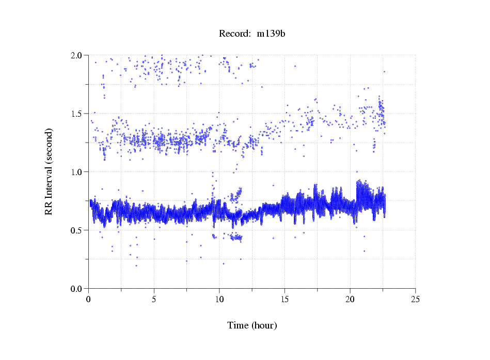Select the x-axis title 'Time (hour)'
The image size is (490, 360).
coord(252,325)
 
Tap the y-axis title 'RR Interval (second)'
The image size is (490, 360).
coord(49,172)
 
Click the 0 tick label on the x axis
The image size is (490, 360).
coord(89,299)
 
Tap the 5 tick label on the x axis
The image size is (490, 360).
coord(154,299)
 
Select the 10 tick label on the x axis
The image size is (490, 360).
coord(219,299)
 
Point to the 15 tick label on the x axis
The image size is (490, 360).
coord(284,299)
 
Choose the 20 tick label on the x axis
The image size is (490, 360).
coord(350,299)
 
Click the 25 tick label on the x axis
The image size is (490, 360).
coord(415,299)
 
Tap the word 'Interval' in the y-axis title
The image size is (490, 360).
coord(49,166)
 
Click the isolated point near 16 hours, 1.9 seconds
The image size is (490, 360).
coord(295,66)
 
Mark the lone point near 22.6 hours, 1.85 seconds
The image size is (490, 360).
coord(384,72)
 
